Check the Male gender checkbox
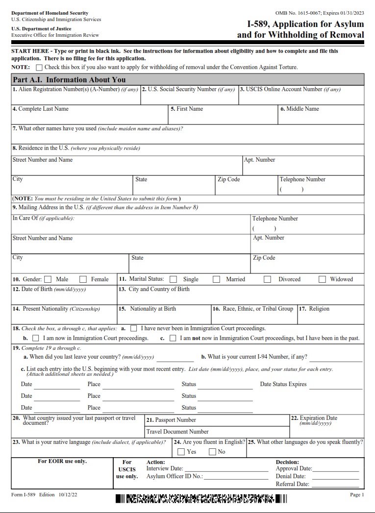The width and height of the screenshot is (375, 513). [x=48, y=279]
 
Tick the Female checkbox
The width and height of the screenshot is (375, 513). [x=83, y=279]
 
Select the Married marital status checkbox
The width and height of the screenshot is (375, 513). [x=216, y=279]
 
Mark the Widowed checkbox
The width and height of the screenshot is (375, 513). [x=322, y=279]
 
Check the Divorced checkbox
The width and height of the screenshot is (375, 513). [x=267, y=279]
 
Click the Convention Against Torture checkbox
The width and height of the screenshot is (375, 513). [x=39, y=67]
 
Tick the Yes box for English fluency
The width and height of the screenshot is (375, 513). [x=181, y=452]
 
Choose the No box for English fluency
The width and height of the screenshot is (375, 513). [x=212, y=452]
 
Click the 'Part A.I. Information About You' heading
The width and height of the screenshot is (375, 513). [x=69, y=79]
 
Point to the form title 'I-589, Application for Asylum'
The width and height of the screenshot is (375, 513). [x=305, y=24]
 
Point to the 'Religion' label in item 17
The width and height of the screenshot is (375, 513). [x=319, y=309]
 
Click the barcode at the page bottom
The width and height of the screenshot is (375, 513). [x=201, y=499]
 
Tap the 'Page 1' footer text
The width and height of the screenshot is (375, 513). [x=357, y=495]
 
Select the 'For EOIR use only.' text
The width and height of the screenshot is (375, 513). [x=62, y=461]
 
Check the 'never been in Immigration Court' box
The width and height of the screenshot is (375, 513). [x=133, y=328]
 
